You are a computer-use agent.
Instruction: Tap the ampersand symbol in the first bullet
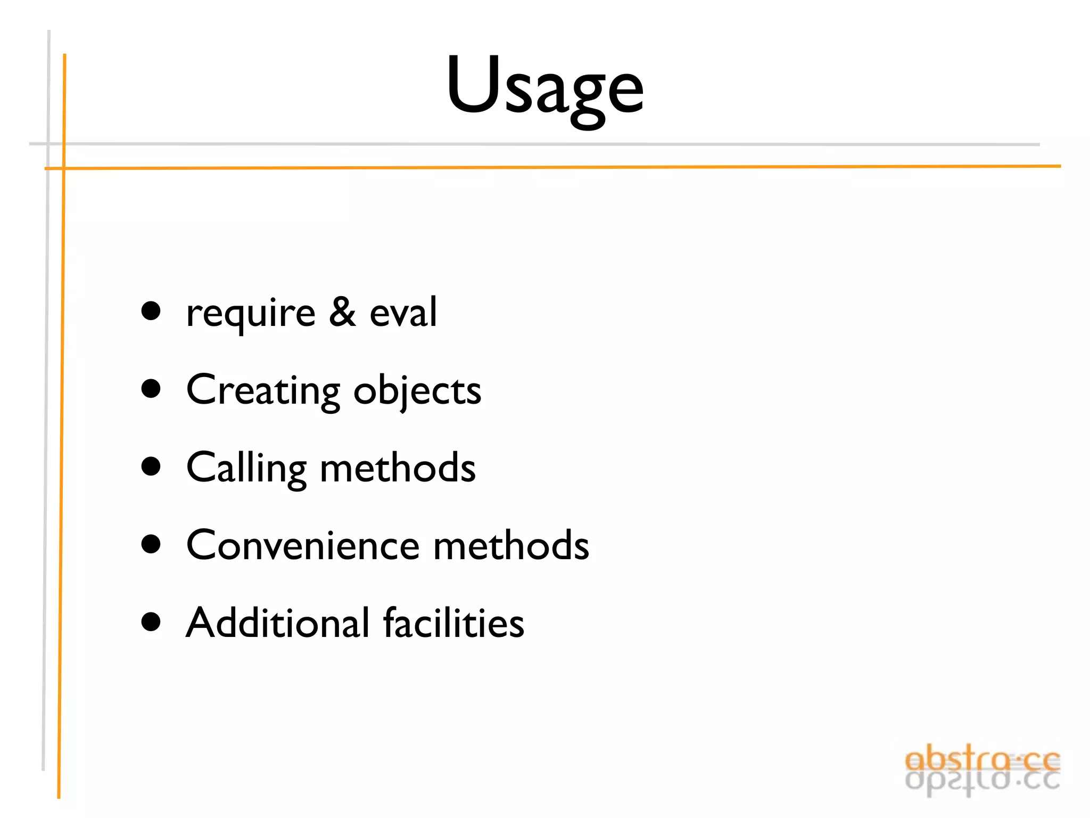[342, 312]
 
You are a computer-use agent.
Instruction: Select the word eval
[403, 312]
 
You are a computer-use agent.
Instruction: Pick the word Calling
[246, 468]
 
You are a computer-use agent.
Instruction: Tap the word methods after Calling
[398, 468]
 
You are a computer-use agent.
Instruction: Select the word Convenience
[303, 545]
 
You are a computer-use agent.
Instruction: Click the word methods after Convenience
[511, 545]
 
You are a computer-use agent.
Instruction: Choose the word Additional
[277, 623]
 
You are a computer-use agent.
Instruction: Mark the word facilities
[453, 623]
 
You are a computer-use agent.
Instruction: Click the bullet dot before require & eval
[151, 311]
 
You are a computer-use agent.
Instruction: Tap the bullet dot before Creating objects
[151, 389]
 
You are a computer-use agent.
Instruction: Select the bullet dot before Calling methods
[151, 467]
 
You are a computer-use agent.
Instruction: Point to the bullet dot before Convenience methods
[151, 544]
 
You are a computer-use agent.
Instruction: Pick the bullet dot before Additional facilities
[151, 621]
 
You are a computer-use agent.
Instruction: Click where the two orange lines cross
[64, 168]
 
